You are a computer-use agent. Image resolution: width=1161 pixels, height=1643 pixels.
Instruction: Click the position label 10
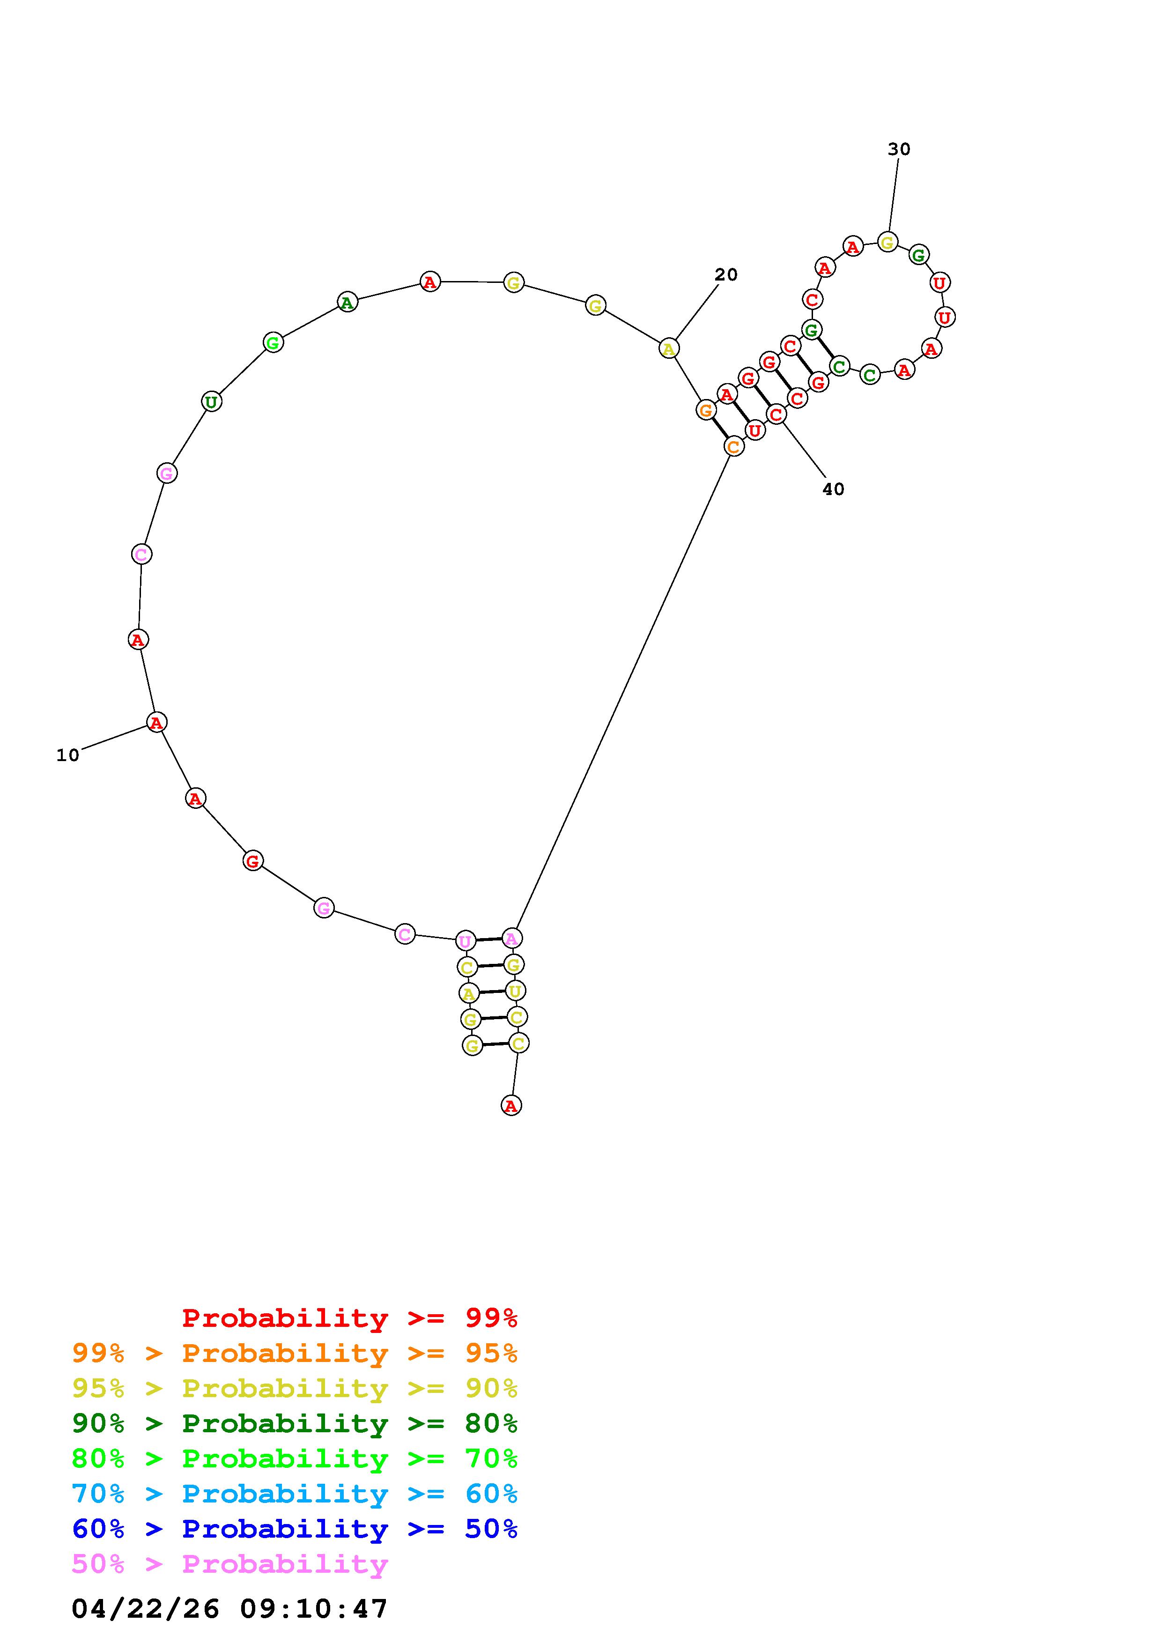tap(68, 755)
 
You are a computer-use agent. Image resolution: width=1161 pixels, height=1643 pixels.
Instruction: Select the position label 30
tap(899, 149)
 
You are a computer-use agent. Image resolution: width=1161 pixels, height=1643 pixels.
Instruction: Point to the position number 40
tap(833, 489)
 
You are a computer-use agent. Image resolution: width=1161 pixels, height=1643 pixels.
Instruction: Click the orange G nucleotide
tap(706, 410)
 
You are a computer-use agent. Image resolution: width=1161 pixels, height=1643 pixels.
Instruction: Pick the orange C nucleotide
tap(734, 446)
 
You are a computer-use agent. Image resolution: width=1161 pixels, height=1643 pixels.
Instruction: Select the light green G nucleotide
tap(273, 343)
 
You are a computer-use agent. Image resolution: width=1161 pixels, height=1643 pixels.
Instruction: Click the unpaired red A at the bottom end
tap(511, 1106)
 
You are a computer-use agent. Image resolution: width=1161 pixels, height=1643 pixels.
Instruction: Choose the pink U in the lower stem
tap(466, 940)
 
